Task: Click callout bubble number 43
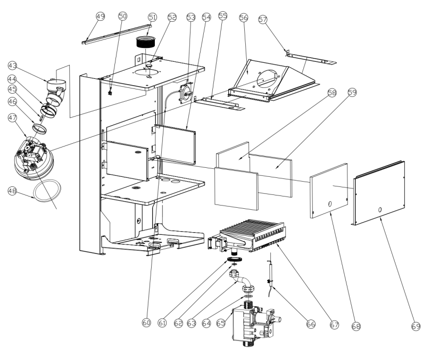[x=12, y=66]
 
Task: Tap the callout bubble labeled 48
[x=12, y=191]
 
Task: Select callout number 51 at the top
[x=152, y=18]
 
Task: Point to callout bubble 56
[x=244, y=18]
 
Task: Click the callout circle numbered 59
[x=352, y=92]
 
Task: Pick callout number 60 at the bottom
[x=147, y=322]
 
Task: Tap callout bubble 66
[x=311, y=324]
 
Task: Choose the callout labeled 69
[x=416, y=326]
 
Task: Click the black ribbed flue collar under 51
[x=146, y=42]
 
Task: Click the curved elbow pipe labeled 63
[x=242, y=282]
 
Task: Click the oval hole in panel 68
[x=330, y=204]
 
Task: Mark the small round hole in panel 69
[x=380, y=210]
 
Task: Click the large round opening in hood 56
[x=267, y=78]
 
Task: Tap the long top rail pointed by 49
[x=117, y=34]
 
